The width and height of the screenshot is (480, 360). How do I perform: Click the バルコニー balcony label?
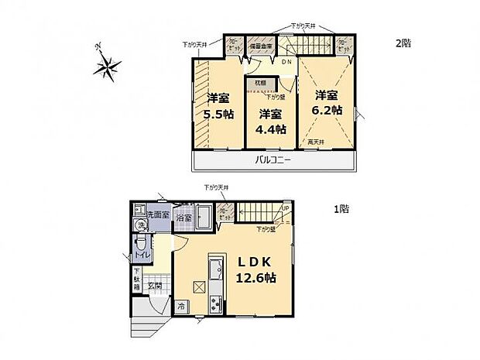(x=273, y=161)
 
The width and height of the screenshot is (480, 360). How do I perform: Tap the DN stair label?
(x=286, y=62)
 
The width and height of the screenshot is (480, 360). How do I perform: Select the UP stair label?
(x=285, y=207)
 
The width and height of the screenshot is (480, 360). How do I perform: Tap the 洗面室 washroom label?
(x=156, y=214)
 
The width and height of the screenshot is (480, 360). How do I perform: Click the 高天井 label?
(x=314, y=141)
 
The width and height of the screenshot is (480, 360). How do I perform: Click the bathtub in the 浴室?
(x=204, y=214)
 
